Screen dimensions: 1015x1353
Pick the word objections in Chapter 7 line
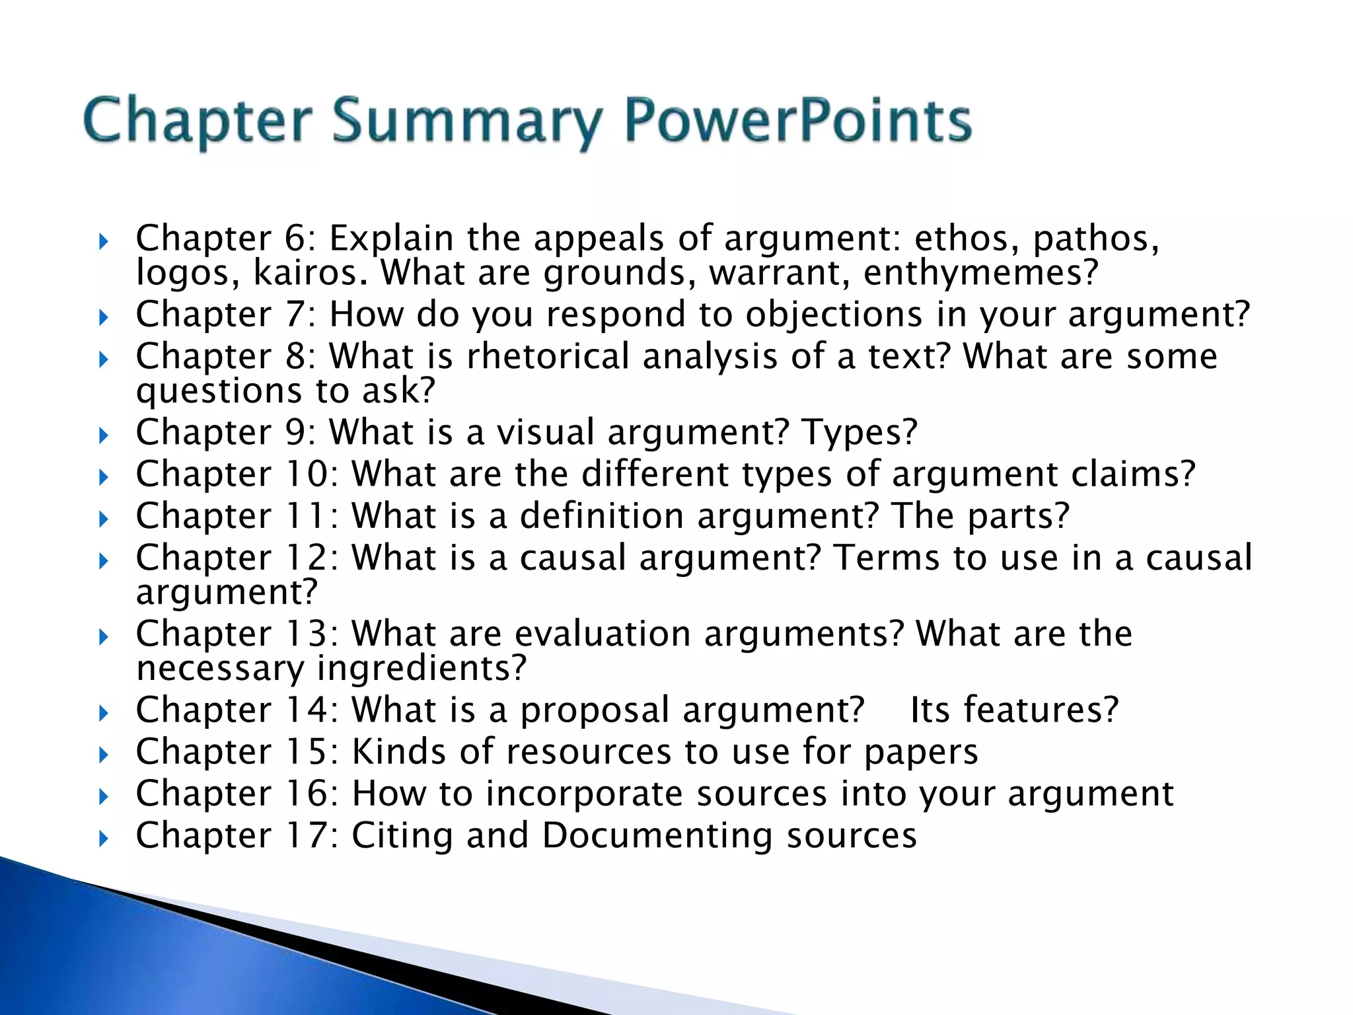[x=834, y=315]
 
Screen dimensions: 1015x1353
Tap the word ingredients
[x=421, y=669]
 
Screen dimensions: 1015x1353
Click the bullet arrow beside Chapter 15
[x=103, y=755]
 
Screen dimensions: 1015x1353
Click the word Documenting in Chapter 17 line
[x=657, y=836]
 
